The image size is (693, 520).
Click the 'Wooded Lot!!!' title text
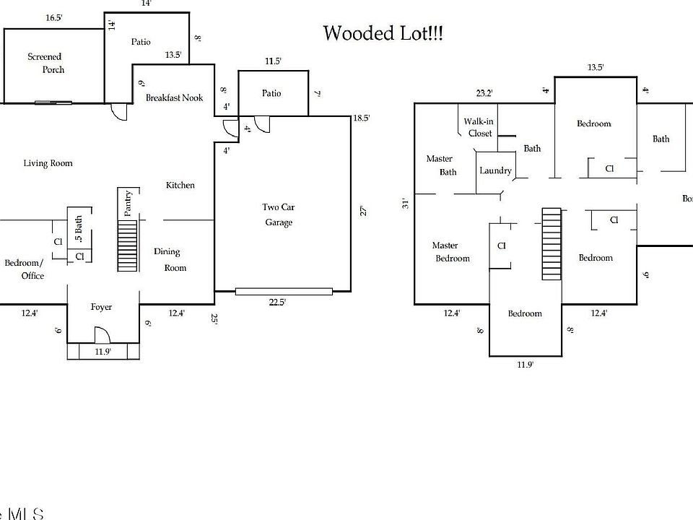pos(383,33)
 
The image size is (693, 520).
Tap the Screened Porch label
pos(45,63)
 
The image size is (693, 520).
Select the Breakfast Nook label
pos(175,97)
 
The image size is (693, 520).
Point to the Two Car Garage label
pos(278,214)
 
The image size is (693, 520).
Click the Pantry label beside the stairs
pos(128,203)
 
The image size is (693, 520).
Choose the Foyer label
pos(101,307)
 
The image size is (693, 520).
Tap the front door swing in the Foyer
pos(102,334)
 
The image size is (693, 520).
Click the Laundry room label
pos(495,171)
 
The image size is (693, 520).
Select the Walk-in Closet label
pos(480,127)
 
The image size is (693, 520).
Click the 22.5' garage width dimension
pos(277,303)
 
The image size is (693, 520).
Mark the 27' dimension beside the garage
pos(364,211)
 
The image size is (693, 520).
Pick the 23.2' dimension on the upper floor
pos(484,92)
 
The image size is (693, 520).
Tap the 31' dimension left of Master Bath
pos(406,204)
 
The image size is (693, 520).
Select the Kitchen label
pos(180,186)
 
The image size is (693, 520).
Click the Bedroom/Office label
pos(25,269)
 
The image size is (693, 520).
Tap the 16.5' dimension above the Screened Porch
pos(53,17)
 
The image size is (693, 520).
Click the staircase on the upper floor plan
pos(552,243)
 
